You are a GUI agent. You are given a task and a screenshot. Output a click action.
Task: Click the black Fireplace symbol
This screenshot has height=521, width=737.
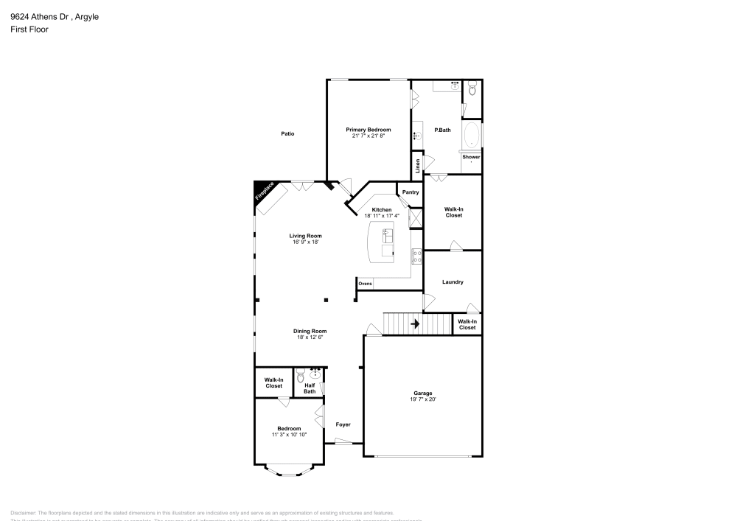[x=263, y=192]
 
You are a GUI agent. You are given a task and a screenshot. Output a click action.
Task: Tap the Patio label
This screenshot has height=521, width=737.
[x=287, y=133]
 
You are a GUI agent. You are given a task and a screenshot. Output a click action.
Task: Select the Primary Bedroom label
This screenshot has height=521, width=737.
[x=368, y=130]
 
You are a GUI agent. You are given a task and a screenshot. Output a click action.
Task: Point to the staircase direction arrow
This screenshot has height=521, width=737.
[x=415, y=324]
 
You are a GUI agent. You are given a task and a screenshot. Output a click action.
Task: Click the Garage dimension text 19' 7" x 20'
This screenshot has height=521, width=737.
[x=422, y=399]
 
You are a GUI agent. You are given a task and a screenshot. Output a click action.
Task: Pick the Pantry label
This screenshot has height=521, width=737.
[x=411, y=192]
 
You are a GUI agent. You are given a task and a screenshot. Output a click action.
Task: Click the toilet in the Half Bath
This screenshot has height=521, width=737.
[x=300, y=378]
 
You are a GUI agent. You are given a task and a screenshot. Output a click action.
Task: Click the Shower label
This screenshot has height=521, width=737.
[x=471, y=157]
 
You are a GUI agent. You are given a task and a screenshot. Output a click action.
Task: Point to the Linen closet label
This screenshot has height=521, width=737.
[x=417, y=165]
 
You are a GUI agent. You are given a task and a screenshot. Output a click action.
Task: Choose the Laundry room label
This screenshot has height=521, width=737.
[x=453, y=282]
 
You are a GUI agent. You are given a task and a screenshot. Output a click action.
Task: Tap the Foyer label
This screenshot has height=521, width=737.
[x=343, y=424]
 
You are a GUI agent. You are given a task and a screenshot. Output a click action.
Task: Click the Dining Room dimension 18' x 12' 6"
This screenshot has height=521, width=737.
[x=310, y=338]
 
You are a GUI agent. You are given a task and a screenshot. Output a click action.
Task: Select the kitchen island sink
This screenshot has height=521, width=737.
[x=388, y=236]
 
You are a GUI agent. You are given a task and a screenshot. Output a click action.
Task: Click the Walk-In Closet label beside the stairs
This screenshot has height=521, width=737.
[x=467, y=324]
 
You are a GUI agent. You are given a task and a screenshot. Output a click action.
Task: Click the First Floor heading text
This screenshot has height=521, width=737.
[x=24, y=29]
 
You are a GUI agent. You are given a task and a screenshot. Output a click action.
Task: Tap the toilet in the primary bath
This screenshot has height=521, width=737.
[x=473, y=91]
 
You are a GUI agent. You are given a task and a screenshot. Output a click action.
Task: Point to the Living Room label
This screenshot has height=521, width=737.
[x=307, y=236]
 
